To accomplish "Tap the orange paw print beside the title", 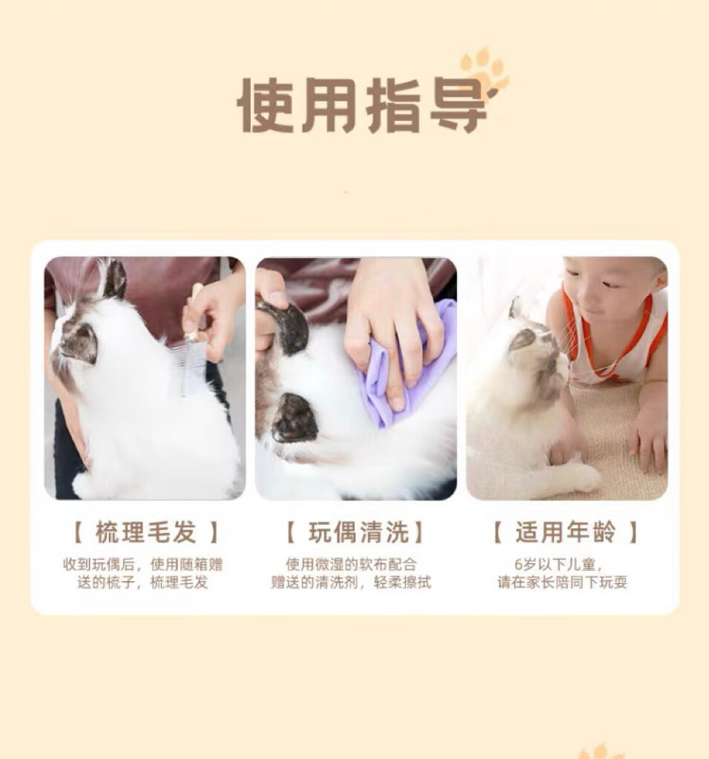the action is [484, 73].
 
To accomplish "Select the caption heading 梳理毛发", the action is [145, 532].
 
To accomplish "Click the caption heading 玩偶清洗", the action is [357, 532].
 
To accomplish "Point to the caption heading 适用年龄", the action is [565, 532].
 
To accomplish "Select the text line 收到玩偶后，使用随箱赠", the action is [143, 564].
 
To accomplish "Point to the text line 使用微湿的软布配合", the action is [351, 564].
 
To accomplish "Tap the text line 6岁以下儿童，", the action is [558, 564].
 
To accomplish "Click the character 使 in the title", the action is [266, 105].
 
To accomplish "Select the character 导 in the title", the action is [457, 105].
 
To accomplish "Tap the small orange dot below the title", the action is [346, 193].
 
